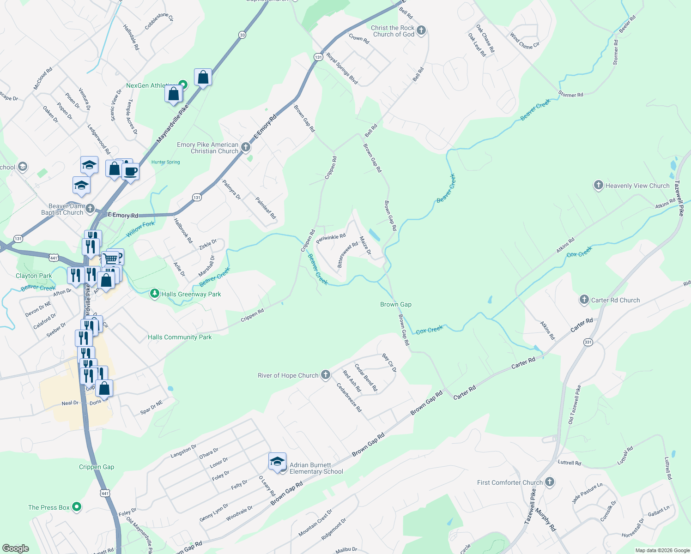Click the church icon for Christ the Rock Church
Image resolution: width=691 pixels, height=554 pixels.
421,31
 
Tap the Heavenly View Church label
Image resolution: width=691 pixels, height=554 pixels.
637,186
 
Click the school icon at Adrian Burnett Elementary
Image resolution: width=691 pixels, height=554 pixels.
277,462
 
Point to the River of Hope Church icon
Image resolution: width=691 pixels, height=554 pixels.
326,375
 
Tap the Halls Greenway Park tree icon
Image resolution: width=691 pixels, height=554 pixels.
155,294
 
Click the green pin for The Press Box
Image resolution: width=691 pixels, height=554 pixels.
77,507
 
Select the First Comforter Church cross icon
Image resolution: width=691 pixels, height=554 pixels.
549,482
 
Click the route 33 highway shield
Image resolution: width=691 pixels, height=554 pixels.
242,35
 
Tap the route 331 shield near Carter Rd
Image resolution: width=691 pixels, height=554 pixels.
588,342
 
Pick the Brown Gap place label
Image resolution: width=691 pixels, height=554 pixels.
395,304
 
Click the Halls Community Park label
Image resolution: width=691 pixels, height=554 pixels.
180,337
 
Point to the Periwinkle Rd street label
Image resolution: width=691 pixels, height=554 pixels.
331,238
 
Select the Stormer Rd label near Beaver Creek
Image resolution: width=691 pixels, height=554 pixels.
570,95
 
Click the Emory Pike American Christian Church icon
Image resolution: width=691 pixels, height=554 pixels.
246,147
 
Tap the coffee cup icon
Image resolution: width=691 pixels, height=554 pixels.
130,172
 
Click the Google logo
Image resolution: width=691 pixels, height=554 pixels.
16,548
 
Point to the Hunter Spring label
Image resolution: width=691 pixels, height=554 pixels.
166,162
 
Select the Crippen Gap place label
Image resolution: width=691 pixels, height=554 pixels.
96,467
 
